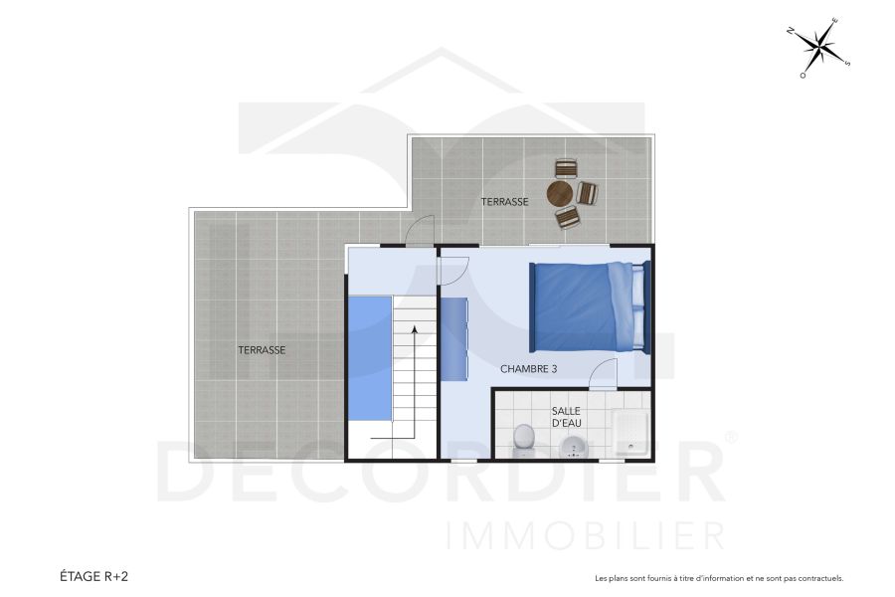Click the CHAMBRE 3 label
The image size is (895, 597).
click(528, 369)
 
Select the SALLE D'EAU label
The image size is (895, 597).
click(567, 416)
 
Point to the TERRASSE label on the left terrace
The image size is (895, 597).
click(262, 350)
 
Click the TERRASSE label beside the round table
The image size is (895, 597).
click(504, 202)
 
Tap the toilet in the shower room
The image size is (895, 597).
click(524, 439)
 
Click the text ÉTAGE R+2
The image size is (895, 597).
click(93, 576)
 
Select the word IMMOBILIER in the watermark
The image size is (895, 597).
click(586, 536)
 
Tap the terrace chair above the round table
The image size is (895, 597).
click(566, 168)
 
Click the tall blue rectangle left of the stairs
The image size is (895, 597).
click(369, 357)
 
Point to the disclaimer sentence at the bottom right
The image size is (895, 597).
click(718, 578)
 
